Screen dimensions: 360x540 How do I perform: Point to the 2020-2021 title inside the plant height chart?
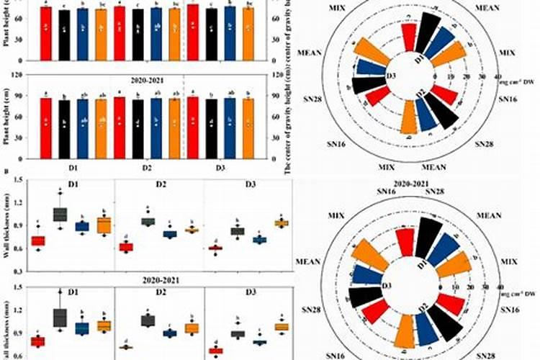pos(146,81)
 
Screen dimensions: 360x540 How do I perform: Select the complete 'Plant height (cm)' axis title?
pos(6,116)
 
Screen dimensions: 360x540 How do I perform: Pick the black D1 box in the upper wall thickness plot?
pos(60,214)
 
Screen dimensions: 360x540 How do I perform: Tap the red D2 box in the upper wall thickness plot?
pos(126,247)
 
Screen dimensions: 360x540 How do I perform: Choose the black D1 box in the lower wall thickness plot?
pos(60,317)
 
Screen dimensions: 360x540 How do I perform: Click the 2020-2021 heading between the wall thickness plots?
pos(146,280)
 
